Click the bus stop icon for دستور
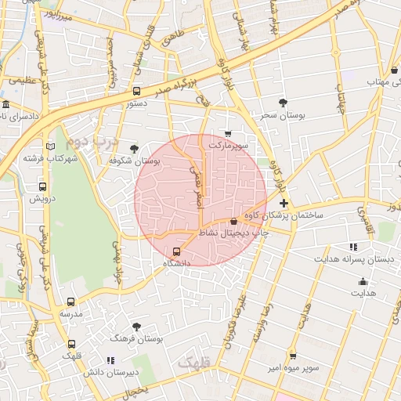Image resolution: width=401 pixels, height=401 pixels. point(137,91)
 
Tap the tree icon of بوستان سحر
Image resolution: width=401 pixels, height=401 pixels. point(283,103)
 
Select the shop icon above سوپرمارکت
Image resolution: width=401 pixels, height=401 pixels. point(228,134)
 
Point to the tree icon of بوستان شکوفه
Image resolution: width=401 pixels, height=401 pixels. point(134,148)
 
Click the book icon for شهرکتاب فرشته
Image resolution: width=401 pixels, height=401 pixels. point(51,146)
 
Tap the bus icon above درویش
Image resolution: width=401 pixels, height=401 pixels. point(42,186)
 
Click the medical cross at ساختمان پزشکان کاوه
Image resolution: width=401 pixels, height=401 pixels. point(284,203)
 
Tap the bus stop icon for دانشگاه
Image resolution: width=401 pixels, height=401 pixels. point(175,251)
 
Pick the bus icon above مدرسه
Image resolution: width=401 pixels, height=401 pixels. point(71,302)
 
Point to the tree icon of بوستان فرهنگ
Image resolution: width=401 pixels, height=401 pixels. point(137,327)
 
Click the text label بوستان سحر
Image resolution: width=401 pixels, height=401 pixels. point(283,115)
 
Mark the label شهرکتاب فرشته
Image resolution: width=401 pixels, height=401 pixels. point(51,158)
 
